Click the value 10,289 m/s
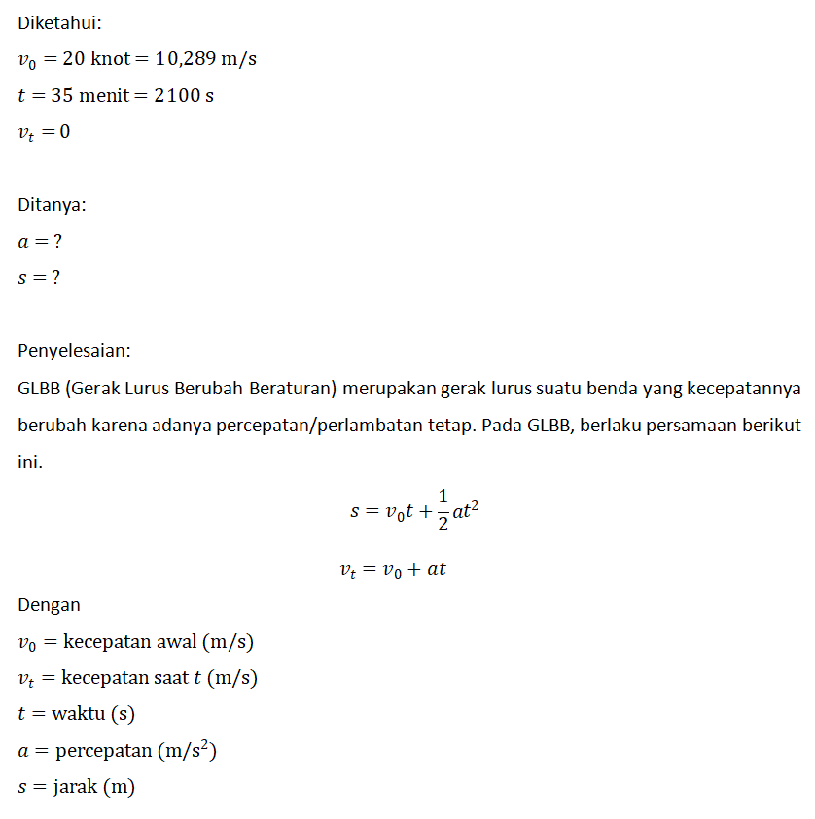tap(206, 58)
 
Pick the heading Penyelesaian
tap(74, 350)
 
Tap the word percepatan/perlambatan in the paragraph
tap(351, 426)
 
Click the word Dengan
tap(49, 605)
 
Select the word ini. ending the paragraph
tap(30, 462)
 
